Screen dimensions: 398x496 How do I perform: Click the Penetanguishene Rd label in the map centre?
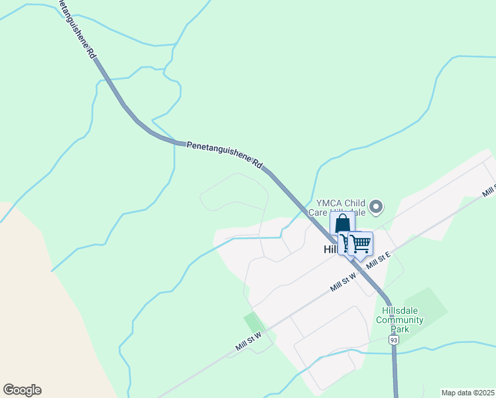(x=225, y=154)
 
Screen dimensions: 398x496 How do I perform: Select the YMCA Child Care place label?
(x=341, y=208)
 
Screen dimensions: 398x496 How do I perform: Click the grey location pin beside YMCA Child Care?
(x=376, y=207)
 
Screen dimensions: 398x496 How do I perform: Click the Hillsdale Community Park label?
(x=399, y=319)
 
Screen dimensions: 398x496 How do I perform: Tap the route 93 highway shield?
(x=394, y=340)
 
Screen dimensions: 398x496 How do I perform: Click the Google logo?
(x=22, y=390)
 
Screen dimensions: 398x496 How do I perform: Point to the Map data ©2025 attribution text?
(x=467, y=393)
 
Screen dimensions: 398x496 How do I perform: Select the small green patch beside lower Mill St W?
(x=253, y=322)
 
